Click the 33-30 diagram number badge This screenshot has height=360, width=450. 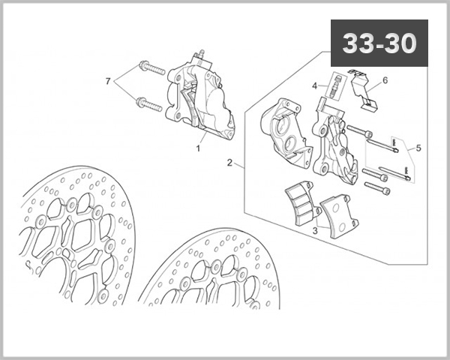379,43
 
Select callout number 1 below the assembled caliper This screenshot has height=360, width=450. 198,148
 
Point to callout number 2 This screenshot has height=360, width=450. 229,162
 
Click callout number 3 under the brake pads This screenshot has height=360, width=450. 316,232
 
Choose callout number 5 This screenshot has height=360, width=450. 418,148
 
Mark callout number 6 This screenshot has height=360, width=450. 385,80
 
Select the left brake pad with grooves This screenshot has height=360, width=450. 303,205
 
